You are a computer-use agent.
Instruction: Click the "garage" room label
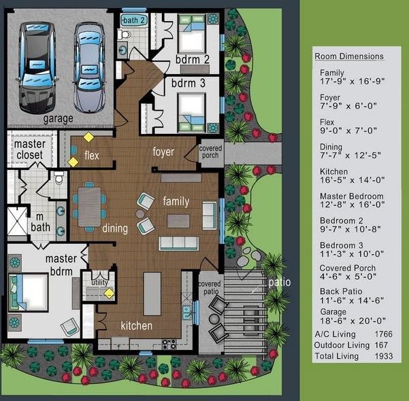[58, 119]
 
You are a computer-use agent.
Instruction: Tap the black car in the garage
[37, 67]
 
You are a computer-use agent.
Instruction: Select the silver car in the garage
[89, 68]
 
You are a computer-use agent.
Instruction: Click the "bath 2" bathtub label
[133, 20]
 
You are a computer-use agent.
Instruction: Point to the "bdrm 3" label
[188, 83]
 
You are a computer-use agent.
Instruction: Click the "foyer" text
[163, 152]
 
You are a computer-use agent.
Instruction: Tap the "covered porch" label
[210, 152]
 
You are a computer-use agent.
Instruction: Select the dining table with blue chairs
[89, 207]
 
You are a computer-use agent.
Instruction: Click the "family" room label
[176, 201]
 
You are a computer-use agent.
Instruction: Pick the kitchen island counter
[152, 294]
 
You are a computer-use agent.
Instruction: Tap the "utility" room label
[99, 282]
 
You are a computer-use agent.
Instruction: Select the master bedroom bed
[28, 292]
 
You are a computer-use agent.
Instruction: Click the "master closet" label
[30, 150]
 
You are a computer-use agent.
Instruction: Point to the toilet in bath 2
[124, 35]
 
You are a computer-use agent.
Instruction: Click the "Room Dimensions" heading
[349, 56]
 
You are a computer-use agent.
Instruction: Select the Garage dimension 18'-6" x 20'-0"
[353, 321]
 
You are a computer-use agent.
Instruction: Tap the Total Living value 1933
[383, 356]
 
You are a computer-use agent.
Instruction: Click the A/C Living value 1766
[383, 334]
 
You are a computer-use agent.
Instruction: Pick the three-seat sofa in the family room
[179, 243]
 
